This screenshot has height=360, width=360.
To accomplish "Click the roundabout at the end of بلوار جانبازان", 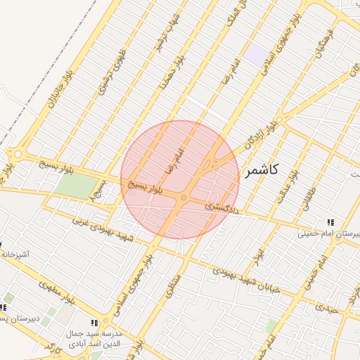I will (17, 154).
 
